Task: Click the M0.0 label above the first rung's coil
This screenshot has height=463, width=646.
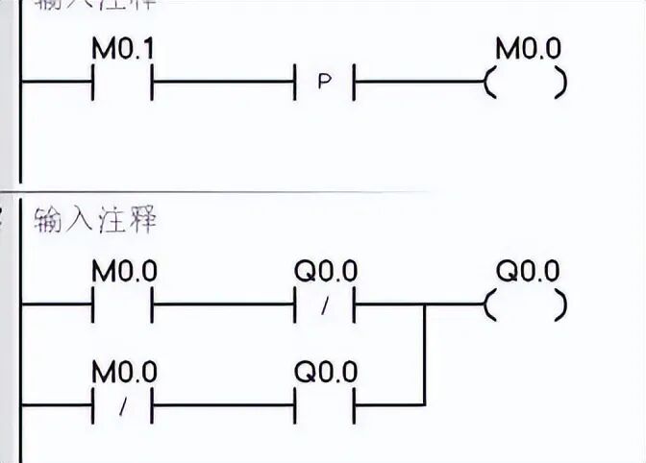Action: coord(527,49)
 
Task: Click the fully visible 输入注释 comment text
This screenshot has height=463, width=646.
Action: coord(94,221)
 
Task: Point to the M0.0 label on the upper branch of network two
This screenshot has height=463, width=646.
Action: coord(124,272)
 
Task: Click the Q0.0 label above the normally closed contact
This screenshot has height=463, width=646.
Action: coord(325,272)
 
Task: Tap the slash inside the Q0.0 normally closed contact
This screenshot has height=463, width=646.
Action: coord(325,306)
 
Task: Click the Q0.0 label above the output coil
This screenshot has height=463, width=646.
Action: coord(527,272)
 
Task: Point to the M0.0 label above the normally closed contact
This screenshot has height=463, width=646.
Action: coord(124,372)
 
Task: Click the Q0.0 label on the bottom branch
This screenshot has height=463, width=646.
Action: coord(325,372)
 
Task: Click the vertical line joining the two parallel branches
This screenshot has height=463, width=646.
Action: coord(424,355)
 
